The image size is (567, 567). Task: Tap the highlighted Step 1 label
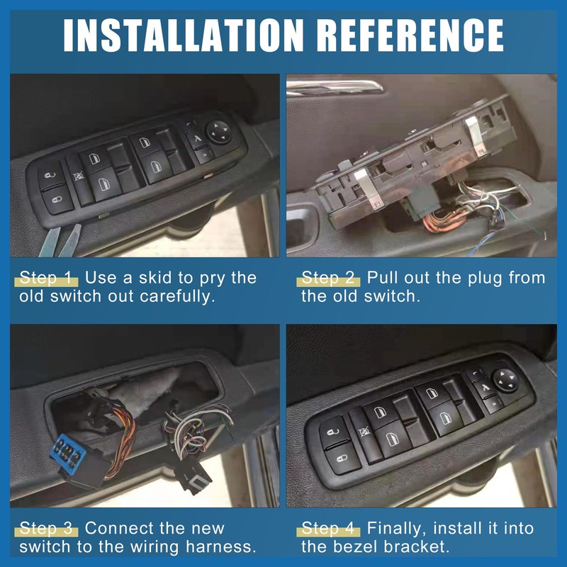pos(47,277)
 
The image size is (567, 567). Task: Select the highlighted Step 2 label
pos(330,277)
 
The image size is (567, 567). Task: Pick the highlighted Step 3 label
pos(47,528)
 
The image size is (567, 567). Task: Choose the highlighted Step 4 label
pos(330,528)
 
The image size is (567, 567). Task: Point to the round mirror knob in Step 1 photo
pos(216,130)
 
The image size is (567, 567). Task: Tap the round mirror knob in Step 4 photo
pos(505,378)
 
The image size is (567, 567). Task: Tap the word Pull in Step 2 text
pos(381,277)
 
